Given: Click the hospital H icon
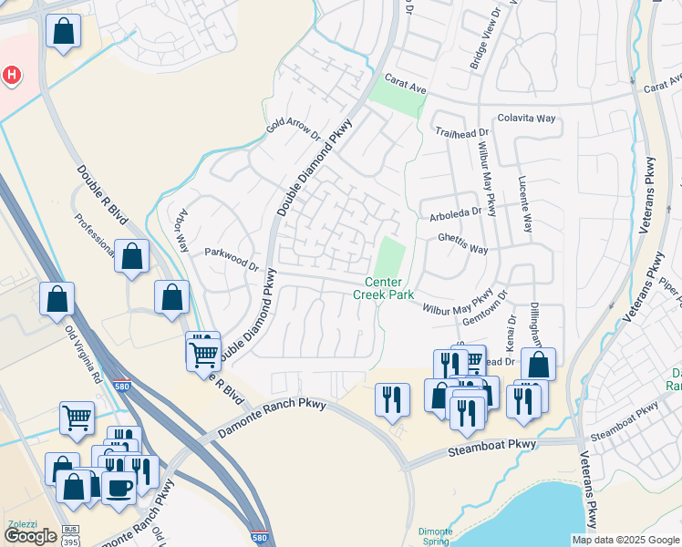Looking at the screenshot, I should (x=12, y=75).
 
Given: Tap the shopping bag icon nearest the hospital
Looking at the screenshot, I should (x=63, y=33).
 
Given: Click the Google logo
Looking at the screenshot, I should (x=30, y=536).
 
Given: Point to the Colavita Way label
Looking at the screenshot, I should (x=526, y=119).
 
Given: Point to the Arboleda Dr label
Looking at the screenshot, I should (x=455, y=214).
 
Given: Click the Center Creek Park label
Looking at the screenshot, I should (x=384, y=288).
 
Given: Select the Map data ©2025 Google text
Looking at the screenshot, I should (x=625, y=540).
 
